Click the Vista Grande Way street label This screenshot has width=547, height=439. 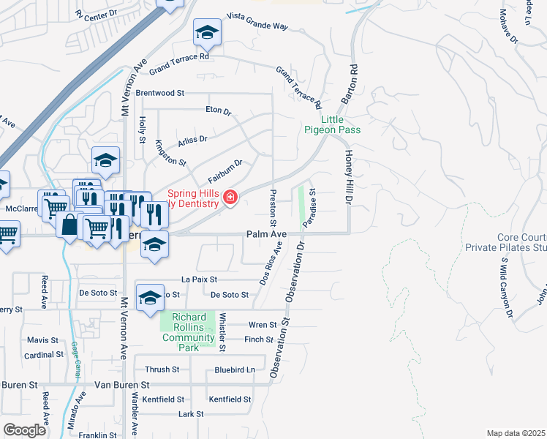click(257, 20)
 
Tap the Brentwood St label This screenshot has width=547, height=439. click(161, 94)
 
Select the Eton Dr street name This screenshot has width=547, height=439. click(218, 112)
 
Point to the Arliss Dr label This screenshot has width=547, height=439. click(193, 138)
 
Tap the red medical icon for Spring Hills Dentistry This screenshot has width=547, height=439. click(230, 197)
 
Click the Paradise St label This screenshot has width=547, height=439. click(310, 208)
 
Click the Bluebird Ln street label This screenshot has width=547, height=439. click(234, 370)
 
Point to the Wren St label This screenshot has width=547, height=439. click(263, 325)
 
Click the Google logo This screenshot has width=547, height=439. click(24, 430)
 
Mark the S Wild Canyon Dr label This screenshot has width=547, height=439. click(509, 289)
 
